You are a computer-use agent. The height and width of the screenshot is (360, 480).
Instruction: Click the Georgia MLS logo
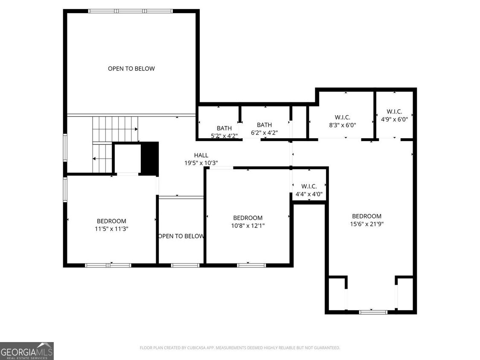pos(27,351)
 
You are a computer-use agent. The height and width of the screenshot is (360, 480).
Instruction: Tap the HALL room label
pos(201,155)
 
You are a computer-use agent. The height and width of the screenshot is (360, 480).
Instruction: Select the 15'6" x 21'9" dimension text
pos(367,224)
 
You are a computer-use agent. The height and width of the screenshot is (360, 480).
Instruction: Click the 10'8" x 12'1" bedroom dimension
pos(247,226)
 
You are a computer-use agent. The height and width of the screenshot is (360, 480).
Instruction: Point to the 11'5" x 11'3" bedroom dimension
pos(111,229)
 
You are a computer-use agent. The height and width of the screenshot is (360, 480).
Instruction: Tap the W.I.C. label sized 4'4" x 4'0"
pos(309,194)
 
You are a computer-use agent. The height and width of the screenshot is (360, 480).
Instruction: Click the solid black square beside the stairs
pos(149,158)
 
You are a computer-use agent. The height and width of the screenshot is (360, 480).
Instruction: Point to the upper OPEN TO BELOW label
pos(131,68)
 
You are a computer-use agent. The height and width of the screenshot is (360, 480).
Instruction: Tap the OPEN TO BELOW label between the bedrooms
pos(181,236)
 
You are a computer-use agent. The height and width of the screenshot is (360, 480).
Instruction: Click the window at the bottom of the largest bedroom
pos(373,312)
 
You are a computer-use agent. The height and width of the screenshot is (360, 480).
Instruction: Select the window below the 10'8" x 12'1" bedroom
pos(251,265)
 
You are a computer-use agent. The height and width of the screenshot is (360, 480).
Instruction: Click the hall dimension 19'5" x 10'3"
pos(201,163)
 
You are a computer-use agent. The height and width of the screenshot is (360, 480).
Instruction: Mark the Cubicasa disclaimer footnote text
pos(240,348)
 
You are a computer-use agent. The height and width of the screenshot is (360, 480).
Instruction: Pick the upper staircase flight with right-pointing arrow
pos(115,129)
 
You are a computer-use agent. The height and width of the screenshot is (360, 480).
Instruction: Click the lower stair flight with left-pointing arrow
pos(102,158)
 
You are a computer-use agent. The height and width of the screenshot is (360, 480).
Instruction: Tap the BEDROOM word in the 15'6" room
pos(367,216)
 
